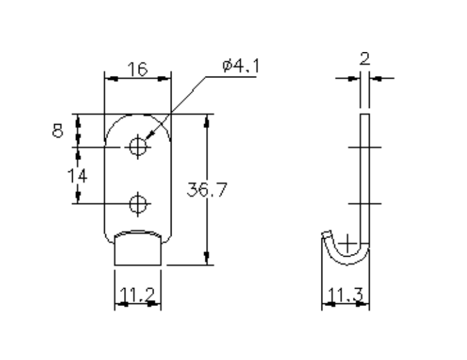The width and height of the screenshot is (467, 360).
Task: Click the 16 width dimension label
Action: coord(138,69)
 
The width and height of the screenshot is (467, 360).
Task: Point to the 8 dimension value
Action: coord(59,129)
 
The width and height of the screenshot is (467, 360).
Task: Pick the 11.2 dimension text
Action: coord(137,294)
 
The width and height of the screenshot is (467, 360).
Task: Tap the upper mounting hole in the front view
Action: coord(138,146)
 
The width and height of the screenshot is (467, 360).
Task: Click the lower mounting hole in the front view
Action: coord(138,203)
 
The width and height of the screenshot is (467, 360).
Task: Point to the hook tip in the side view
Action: coord(326,234)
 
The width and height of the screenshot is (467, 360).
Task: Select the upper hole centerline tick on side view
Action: coord(364,146)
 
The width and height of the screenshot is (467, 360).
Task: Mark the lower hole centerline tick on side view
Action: coord(364,203)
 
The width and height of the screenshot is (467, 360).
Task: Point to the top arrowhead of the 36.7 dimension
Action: coord(206,119)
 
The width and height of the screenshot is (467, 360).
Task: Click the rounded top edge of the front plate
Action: coord(138,115)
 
